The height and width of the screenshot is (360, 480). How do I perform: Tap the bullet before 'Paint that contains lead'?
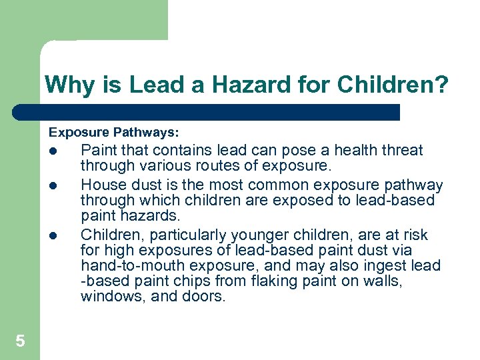(54, 151)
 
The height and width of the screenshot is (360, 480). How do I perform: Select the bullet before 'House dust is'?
(54, 185)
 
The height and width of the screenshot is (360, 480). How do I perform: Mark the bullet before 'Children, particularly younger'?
(54, 235)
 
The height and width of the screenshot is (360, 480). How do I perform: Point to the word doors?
(206, 296)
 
